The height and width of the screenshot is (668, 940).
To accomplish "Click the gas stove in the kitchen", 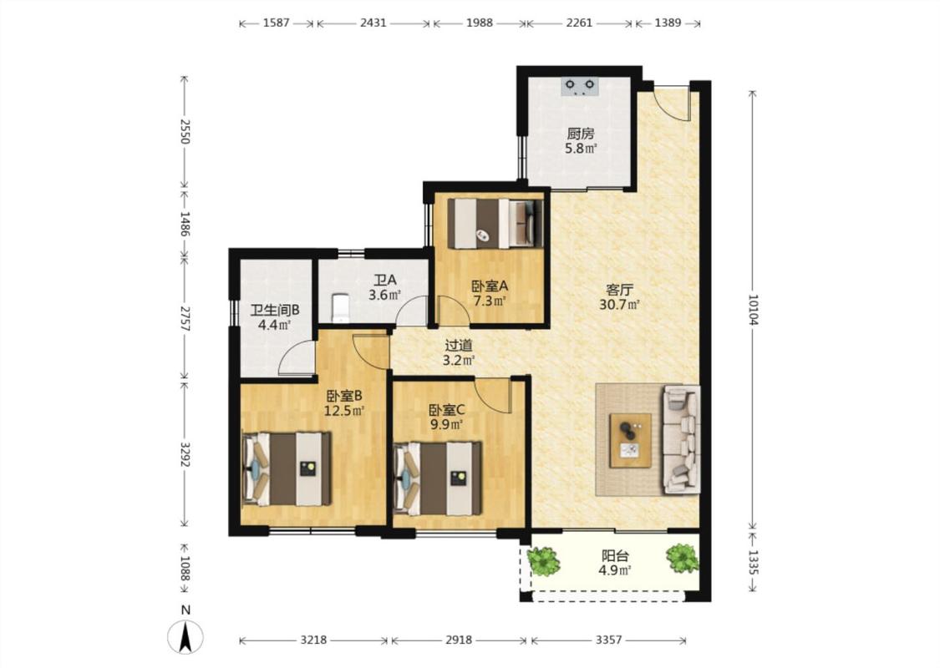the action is coord(580,87).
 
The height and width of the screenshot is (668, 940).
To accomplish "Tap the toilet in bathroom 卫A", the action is coord(340,306).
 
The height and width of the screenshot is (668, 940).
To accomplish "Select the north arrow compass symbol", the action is coord(185,636).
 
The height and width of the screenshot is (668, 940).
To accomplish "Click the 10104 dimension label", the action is coord(753,310).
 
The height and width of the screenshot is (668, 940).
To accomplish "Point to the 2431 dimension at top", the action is coord(373,23).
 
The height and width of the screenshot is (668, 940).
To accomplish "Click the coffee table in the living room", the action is coord(631,440).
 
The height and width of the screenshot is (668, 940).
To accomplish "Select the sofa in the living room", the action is coord(682,439).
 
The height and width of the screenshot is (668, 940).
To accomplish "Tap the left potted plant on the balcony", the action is coord(544,561).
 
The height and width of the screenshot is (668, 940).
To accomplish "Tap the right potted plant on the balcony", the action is coord(682,558).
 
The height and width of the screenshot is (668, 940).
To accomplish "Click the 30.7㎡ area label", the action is coord(619,304).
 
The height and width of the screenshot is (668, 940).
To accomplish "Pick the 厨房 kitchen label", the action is coord(581,133).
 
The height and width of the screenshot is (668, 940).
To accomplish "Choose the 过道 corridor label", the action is coord(459,346).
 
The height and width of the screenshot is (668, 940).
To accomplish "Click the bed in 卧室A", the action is coord(495,223).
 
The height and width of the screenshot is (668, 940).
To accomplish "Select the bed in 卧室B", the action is coord(287,468).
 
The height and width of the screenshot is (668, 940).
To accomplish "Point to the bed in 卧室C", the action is coord(438,478).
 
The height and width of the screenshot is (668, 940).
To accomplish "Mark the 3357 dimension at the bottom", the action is coord(608,640).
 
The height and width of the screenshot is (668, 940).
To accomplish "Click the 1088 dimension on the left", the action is coord(185,569).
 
